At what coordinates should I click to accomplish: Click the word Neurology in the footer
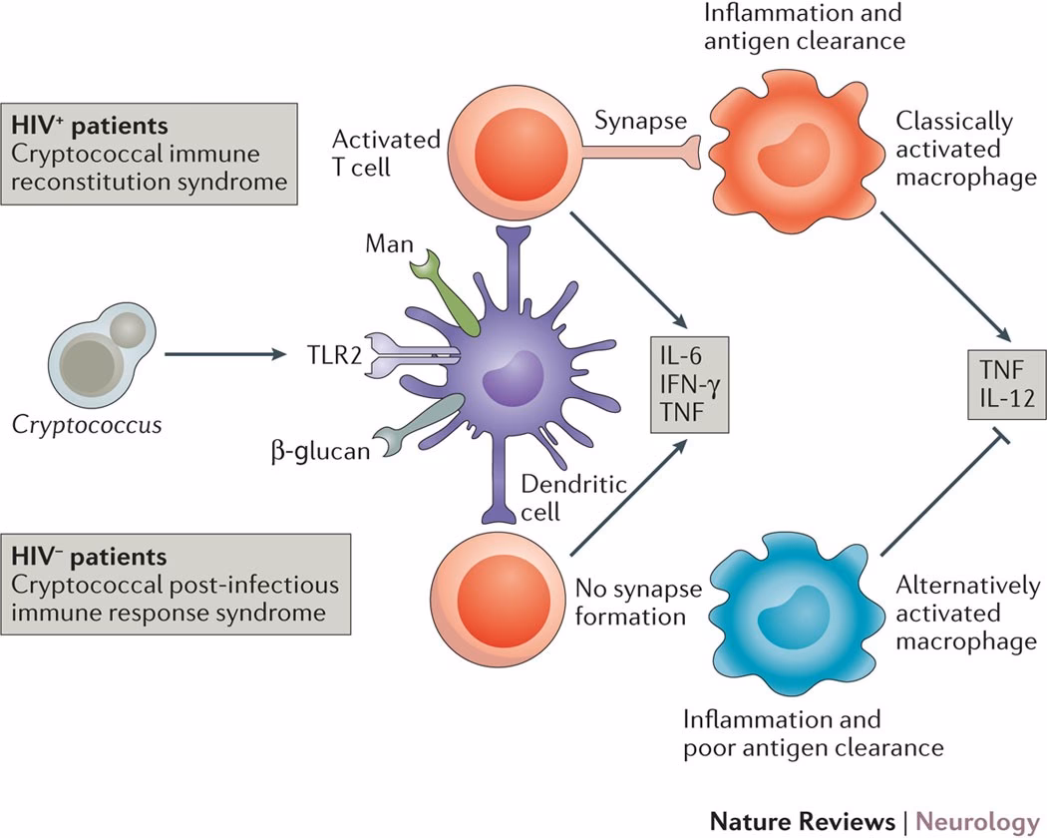pos(977,821)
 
